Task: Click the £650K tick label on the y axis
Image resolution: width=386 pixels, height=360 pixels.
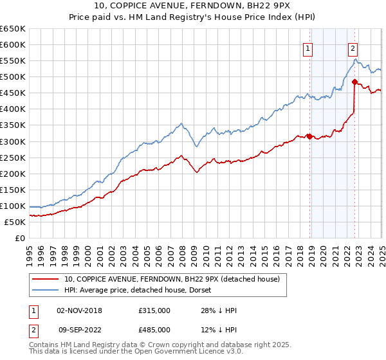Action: pos(13,29)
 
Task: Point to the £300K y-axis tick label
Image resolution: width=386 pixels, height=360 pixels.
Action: pos(13,141)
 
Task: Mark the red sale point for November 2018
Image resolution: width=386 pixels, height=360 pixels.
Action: pos(309,136)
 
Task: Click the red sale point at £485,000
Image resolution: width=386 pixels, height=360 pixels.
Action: pos(354,82)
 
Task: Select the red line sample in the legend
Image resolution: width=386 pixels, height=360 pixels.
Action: pos(46,280)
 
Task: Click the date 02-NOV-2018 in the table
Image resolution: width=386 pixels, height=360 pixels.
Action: pos(79,310)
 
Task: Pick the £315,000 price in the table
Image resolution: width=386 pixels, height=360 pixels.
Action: pos(154,310)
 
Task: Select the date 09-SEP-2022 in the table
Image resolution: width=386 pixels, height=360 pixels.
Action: pos(79,330)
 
